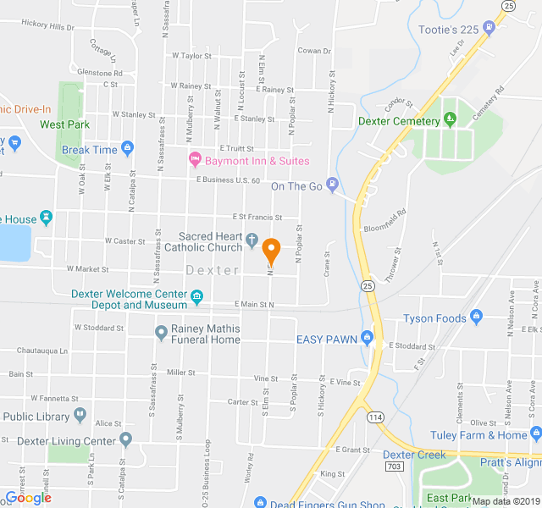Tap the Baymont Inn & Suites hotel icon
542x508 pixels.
pyautogui.click(x=194, y=159)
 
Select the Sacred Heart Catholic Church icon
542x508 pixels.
pyautogui.click(x=252, y=240)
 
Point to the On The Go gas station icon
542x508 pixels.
pyautogui.click(x=334, y=185)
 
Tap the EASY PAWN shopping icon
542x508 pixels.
pyautogui.click(x=367, y=339)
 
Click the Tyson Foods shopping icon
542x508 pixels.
pyautogui.click(x=477, y=317)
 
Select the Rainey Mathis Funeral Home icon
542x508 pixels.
pyautogui.click(x=162, y=334)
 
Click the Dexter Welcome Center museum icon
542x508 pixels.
pyautogui.click(x=197, y=296)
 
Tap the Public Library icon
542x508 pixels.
pyautogui.click(x=80, y=415)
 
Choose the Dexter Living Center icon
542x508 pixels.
pyautogui.click(x=125, y=439)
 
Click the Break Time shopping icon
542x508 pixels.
pyautogui.click(x=127, y=149)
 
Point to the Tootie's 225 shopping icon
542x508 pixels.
pyautogui.click(x=489, y=28)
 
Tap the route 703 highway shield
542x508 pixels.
pyautogui.click(x=395, y=467)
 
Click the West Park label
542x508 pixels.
pyautogui.click(x=64, y=124)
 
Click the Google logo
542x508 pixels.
pyautogui.click(x=29, y=498)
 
